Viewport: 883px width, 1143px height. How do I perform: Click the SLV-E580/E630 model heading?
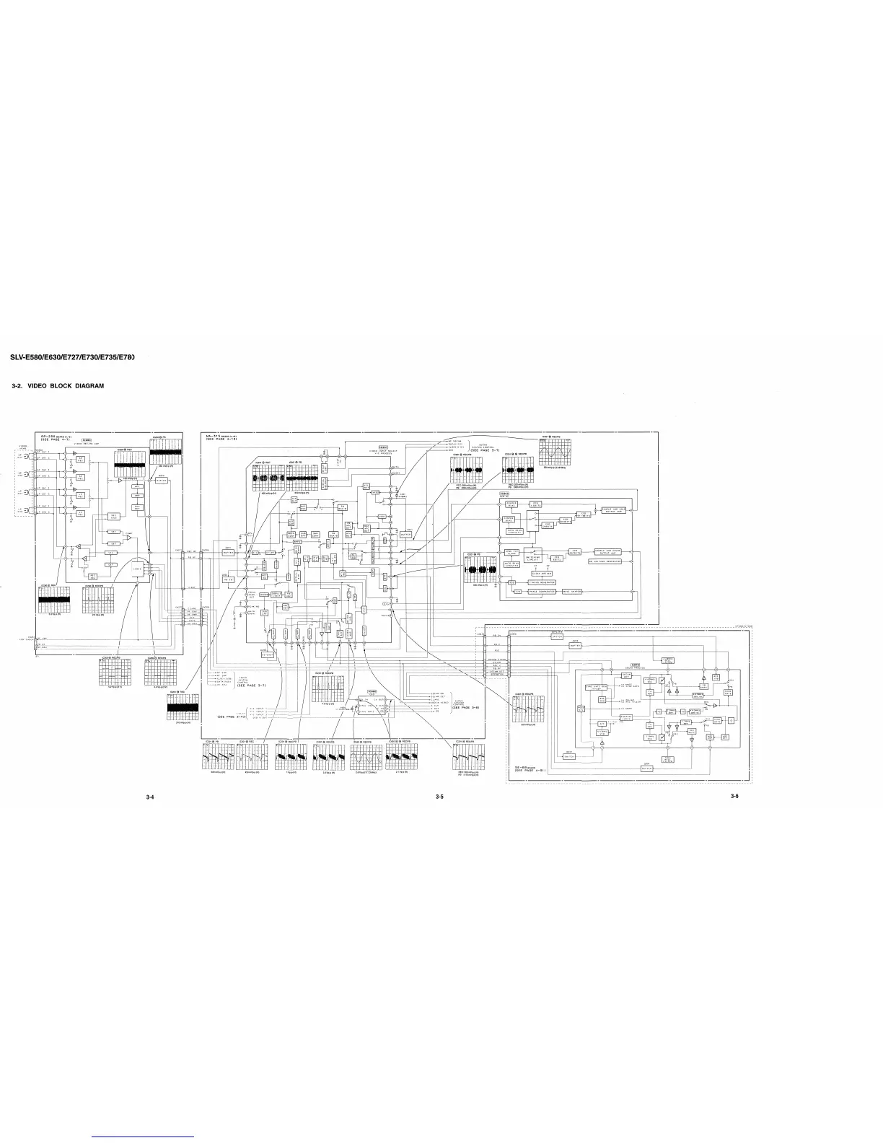tap(72, 358)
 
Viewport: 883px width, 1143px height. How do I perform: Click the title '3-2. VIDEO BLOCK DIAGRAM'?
tap(58, 386)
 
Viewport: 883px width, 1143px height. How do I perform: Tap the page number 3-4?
tap(149, 797)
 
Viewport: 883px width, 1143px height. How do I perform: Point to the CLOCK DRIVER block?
tap(532, 572)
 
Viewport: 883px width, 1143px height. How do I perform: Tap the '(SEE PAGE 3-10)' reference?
tap(232, 717)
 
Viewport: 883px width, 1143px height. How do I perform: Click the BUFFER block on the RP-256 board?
tap(161, 481)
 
